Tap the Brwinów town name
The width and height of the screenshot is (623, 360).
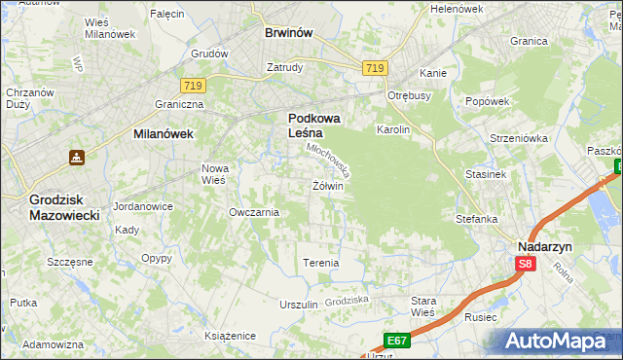point(288,32)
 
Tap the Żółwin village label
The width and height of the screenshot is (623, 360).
point(326,185)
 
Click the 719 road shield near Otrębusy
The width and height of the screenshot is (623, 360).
point(375,67)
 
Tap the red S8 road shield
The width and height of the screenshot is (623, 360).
point(526,264)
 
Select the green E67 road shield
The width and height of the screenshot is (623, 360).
point(395,340)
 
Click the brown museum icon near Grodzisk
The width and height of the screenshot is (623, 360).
point(76,157)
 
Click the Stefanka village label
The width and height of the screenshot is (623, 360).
point(476,219)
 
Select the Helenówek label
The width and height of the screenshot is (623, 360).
point(457,9)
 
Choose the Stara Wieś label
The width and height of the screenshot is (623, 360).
point(422,306)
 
